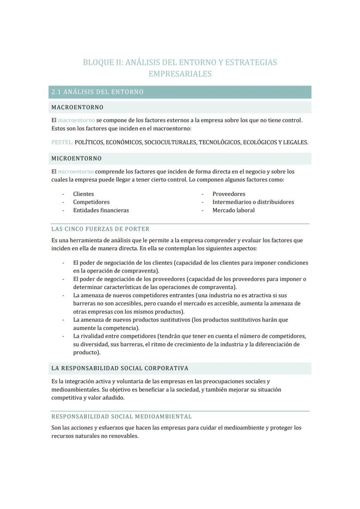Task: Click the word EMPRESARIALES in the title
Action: point(180,74)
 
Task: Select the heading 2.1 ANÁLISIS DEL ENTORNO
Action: point(97,92)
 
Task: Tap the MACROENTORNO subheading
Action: point(77,107)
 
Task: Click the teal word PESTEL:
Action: point(62,143)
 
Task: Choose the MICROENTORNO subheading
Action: point(77,159)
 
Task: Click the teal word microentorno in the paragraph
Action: point(76,172)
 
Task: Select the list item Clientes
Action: point(83,194)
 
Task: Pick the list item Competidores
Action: point(91,202)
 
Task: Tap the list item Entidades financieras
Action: point(101,210)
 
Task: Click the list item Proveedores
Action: point(229,194)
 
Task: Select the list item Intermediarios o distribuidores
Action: point(253,202)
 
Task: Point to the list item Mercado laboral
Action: point(233,210)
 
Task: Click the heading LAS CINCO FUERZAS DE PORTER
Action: point(100,229)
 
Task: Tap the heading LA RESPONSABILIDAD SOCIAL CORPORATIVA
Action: point(120,369)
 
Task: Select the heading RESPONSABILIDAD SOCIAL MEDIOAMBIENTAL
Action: point(121,416)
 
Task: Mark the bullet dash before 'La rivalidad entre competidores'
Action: point(63,336)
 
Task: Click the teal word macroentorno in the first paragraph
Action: point(76,120)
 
